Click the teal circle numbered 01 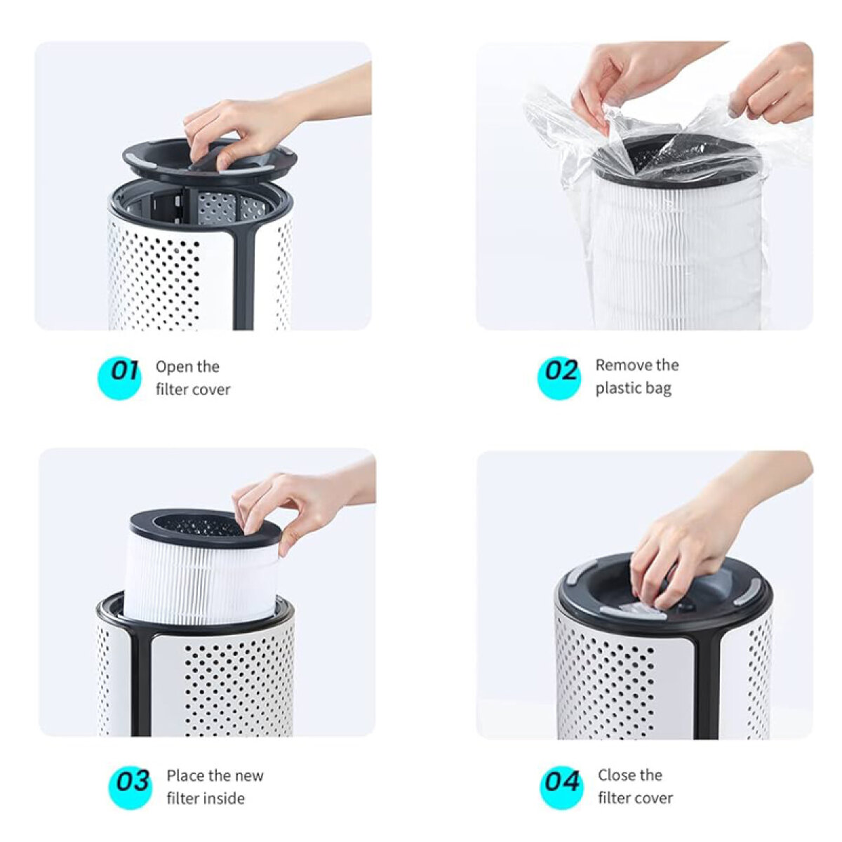119,377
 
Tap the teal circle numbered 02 559,377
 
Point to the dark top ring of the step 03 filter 206,530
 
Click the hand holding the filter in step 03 297,502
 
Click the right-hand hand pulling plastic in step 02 773,83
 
